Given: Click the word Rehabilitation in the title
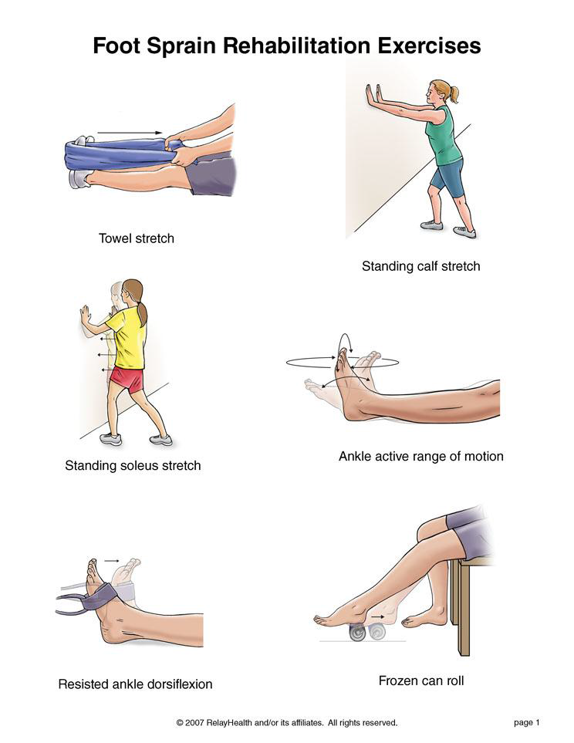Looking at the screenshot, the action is coord(297,46).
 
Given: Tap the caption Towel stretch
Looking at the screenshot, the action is coord(136,238).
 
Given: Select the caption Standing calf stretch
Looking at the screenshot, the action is coord(421,266).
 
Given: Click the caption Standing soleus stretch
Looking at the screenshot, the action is coord(133,465).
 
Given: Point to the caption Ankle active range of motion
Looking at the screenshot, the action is coord(421,456).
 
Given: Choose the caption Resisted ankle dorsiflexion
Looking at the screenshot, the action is coord(135,684).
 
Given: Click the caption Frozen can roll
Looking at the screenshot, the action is coord(421,681).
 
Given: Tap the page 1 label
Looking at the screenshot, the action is coord(527,723).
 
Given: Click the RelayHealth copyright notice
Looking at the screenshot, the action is coord(287,723).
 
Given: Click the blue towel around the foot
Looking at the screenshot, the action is coord(119,154).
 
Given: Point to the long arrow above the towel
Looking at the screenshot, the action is coord(130,133).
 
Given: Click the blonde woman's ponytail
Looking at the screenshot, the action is coord(454,94).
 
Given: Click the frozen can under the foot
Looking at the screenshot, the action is coord(359,633).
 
